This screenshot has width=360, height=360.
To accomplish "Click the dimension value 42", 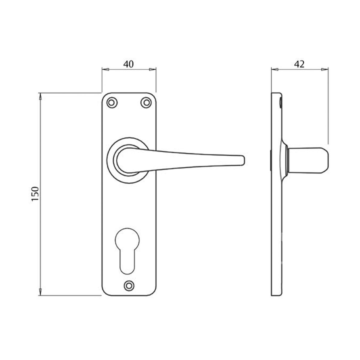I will (299, 64).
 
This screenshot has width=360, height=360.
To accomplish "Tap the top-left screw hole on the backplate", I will (111, 102).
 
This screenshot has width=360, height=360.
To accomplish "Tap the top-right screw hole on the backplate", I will (146, 102).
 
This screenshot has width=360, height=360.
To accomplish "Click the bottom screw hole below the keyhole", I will (129, 285).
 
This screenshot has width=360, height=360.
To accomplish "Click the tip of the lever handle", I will (243, 160).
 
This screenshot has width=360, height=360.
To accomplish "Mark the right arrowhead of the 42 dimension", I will (324, 70).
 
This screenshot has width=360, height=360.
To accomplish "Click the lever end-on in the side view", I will (309, 160).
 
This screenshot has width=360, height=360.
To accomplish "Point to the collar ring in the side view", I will (287, 161).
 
